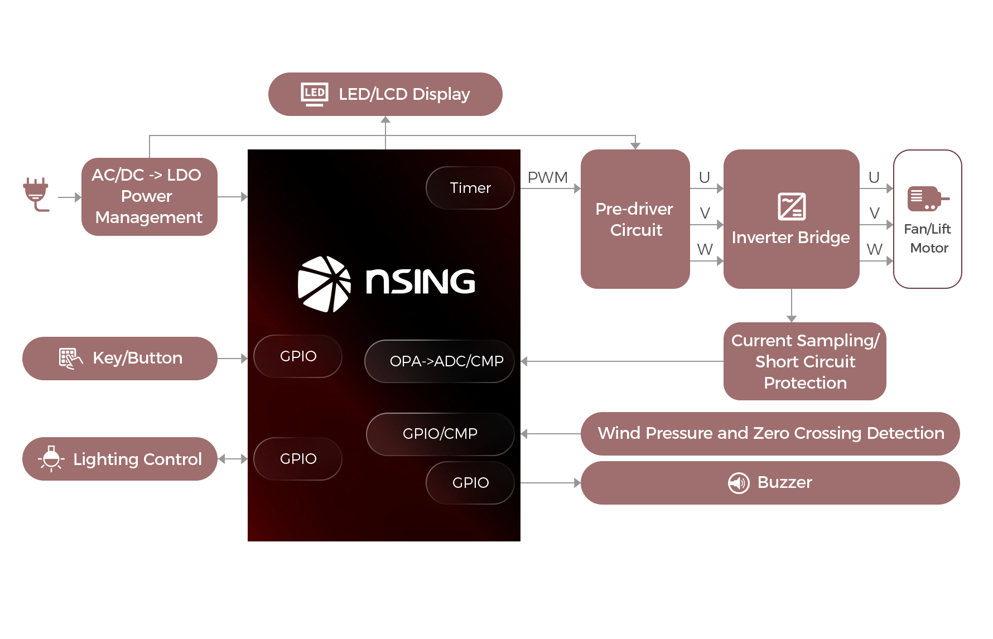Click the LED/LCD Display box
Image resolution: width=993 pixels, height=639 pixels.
coord(385,94)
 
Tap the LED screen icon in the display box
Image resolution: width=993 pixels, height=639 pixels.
coord(315,94)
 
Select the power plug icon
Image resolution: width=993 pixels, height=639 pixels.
coord(36,193)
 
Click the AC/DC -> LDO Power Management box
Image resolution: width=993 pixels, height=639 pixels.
coord(149,196)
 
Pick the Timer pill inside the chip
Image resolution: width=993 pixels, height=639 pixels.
coord(470,188)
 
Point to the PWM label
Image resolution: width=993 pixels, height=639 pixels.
coord(547,177)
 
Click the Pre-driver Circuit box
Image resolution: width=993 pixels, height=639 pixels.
coord(635,219)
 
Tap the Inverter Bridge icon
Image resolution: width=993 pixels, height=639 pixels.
coord(792,206)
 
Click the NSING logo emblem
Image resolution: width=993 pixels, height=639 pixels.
coord(324,284)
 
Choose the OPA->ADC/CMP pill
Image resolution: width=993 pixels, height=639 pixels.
coord(440,361)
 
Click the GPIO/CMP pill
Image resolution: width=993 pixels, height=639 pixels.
coord(440,434)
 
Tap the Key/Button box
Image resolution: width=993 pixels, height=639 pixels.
coord(119,358)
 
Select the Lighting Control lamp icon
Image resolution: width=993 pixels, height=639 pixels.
coord(51,458)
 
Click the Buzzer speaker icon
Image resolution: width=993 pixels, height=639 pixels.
coord(739,483)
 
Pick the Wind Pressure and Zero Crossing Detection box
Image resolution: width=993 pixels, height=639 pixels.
coord(770,433)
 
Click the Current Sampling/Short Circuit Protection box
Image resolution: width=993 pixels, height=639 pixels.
coord(804,361)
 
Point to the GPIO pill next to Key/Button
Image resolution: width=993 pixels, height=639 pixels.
coord(298,356)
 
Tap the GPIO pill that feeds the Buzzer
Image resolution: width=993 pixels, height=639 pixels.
coord(470,483)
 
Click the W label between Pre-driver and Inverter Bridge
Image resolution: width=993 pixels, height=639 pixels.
coord(705,249)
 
